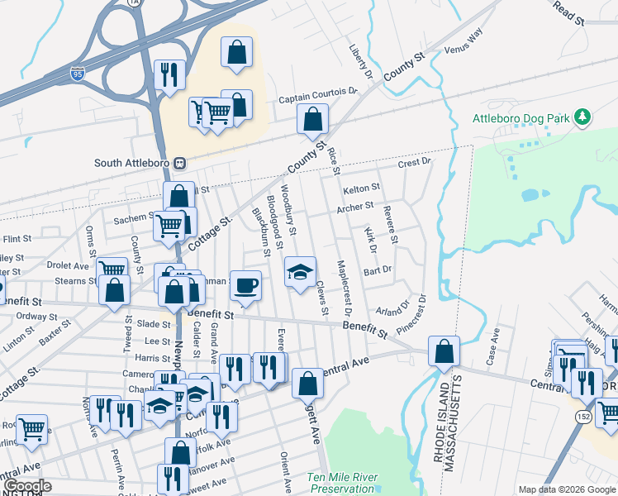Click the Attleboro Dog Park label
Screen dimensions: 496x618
point(521,118)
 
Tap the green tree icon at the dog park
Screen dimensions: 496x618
point(583,117)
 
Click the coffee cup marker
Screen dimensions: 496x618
point(245,287)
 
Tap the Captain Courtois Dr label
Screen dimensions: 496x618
point(317,98)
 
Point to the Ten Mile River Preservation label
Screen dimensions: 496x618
point(341,483)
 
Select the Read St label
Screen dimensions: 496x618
point(569,11)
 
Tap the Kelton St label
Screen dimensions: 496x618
point(361,188)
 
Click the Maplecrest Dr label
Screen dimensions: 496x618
point(344,289)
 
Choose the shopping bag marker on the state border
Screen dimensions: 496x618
point(444,351)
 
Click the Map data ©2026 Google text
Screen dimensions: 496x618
point(566,489)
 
